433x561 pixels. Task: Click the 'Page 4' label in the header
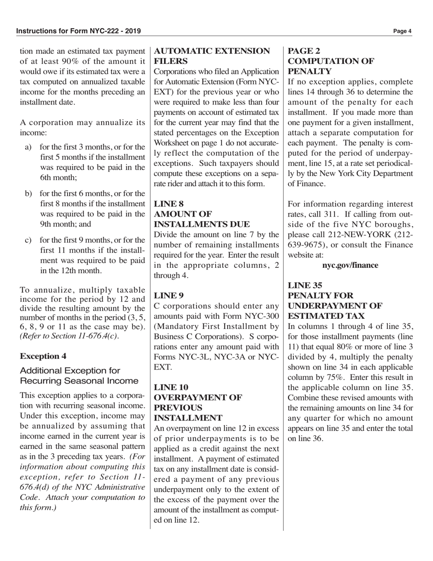pyautogui.click(x=402, y=31)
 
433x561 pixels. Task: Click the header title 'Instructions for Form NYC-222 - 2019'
pyautogui.click(x=78, y=31)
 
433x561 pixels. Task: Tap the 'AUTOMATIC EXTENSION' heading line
pyautogui.click(x=212, y=51)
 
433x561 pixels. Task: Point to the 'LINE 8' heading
pyautogui.click(x=169, y=204)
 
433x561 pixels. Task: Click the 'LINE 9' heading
pyautogui.click(x=169, y=295)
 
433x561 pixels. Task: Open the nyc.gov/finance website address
pyautogui.click(x=351, y=265)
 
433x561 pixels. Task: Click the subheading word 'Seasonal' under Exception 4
pyautogui.click(x=94, y=381)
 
